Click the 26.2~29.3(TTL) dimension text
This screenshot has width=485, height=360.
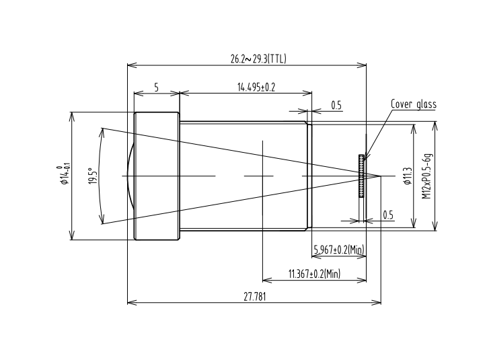pos(258,59)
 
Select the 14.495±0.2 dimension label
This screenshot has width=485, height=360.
pos(256,87)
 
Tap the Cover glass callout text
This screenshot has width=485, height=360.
pos(414,104)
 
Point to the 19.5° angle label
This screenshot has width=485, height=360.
pos(94,176)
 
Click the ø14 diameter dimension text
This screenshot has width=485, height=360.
pos(63,176)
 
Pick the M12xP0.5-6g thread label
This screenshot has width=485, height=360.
pos(426,176)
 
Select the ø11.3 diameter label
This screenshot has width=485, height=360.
pos(408,176)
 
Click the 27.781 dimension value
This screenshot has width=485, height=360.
pos(254,297)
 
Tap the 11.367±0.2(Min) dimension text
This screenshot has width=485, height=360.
pos(314,274)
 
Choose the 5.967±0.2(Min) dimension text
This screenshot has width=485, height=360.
pos(339,249)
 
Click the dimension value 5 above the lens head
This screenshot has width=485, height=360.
pos(156,87)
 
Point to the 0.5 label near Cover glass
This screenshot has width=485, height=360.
pos(336,106)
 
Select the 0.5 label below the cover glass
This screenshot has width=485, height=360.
pos(388,215)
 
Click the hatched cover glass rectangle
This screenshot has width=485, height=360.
pos(361,176)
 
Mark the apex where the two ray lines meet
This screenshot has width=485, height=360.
pos(381,176)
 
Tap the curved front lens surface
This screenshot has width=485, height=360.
pos(130,176)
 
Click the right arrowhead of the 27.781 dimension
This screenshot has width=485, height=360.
pos(377,302)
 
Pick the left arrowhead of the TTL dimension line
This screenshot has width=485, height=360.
pos(132,65)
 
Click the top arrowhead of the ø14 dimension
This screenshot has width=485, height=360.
pos(72,116)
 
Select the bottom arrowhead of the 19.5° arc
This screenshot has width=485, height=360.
pos(102,219)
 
